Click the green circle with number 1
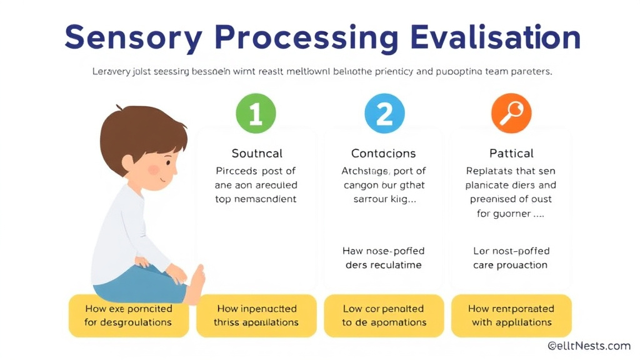pos(256,114)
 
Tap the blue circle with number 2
pos(384,114)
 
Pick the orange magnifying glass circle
pos(511,114)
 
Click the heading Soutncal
pos(256,153)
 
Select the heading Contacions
pos(383,153)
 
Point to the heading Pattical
pos(511,153)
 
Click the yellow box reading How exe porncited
pos(128,316)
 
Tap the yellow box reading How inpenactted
pos(256,316)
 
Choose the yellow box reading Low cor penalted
pos(384,316)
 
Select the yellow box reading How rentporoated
pos(511,316)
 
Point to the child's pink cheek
pos(153,170)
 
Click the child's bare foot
pos(196,284)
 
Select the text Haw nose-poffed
pos(383,251)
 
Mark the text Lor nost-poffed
pos(511,251)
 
